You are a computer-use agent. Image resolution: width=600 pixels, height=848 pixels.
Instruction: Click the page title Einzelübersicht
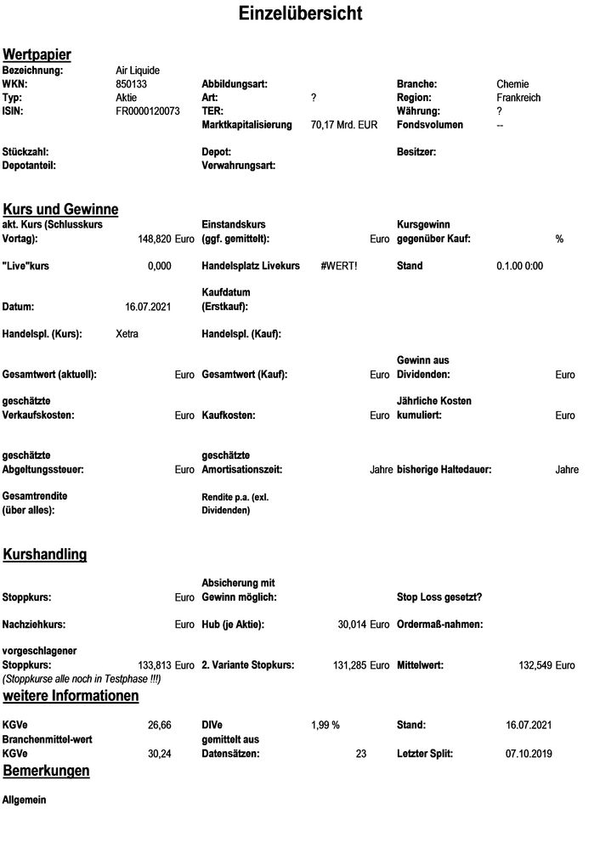click(x=300, y=14)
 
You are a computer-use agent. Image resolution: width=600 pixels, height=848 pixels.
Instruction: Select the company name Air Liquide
click(x=138, y=71)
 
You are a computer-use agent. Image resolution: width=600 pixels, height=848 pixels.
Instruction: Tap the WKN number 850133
click(x=131, y=84)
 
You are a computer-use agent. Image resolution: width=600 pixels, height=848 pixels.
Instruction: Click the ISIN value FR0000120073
click(x=148, y=111)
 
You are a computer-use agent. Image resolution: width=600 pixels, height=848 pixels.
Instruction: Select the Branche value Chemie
click(x=512, y=84)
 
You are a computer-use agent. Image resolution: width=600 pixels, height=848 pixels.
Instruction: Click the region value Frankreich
click(x=518, y=98)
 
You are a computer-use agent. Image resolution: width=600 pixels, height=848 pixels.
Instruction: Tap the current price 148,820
click(x=154, y=240)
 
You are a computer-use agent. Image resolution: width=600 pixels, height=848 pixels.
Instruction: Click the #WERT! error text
click(x=339, y=266)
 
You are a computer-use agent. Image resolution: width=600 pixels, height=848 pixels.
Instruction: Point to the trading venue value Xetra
click(x=127, y=334)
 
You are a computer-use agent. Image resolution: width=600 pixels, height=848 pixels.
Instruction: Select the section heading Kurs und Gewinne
click(x=60, y=209)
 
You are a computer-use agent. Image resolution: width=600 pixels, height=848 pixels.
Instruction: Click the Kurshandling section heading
click(x=45, y=555)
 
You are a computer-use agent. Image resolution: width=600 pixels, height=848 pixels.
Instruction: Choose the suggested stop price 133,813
click(x=155, y=664)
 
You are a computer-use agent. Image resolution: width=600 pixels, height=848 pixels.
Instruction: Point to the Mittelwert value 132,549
click(x=535, y=664)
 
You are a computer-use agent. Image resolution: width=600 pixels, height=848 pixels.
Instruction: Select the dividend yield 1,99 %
click(x=325, y=725)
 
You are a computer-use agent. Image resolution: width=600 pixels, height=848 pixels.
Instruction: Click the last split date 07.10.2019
click(x=529, y=753)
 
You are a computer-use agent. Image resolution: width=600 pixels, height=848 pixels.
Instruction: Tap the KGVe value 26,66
click(x=159, y=725)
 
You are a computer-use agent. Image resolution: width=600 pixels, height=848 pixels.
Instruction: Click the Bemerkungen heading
click(x=47, y=771)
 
